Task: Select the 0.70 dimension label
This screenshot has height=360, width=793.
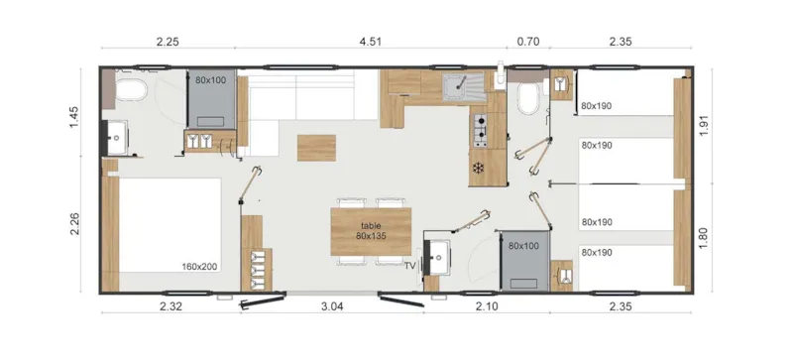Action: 528,42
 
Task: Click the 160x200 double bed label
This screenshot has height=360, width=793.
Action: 199,266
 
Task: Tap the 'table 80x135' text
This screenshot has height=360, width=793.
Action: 371,231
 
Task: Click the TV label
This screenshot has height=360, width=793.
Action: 409,266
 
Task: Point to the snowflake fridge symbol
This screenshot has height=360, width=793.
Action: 481,167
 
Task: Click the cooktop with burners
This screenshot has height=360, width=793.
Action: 482,128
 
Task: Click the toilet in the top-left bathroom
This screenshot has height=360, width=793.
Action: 130,92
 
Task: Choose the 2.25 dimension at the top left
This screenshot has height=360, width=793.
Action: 167,42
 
